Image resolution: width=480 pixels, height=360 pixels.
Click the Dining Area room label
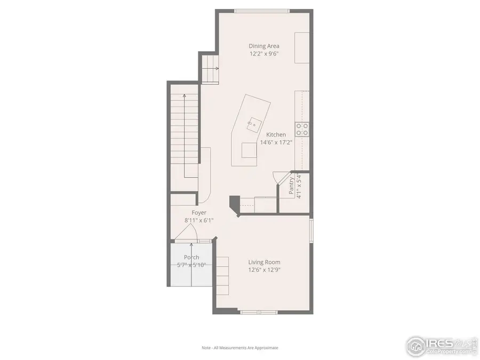pos(263,46)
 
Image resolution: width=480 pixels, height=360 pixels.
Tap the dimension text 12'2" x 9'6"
pos(263,54)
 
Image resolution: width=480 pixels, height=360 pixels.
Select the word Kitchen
pos(276,135)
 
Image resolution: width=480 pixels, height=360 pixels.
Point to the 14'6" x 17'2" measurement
pos(276,142)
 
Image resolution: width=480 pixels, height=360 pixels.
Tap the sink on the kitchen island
pos(251,124)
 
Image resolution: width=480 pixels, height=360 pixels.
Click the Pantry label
pos(291,185)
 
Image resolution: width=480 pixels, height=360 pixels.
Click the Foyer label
pos(199,213)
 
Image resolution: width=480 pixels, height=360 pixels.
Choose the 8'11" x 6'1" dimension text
pos(199,220)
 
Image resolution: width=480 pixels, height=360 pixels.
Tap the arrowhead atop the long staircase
pos(184,96)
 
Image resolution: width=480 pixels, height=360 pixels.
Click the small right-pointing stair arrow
pos(217,68)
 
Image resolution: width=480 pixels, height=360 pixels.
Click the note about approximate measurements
pos(239,348)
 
